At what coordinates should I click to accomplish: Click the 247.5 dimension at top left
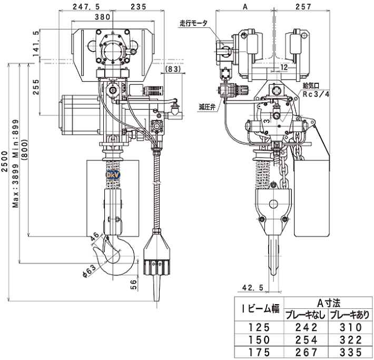[x=86, y=7]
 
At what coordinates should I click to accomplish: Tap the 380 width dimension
[x=103, y=17]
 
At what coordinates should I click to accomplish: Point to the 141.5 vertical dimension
[x=36, y=44]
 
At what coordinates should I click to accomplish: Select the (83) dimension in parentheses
[x=173, y=69]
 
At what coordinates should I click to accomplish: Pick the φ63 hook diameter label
[x=90, y=271]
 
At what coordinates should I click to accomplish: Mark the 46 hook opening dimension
[x=94, y=236]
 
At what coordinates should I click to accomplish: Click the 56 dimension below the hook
[x=134, y=285]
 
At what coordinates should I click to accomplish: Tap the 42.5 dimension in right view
[x=252, y=288]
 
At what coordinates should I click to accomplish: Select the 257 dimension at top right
[x=303, y=7]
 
